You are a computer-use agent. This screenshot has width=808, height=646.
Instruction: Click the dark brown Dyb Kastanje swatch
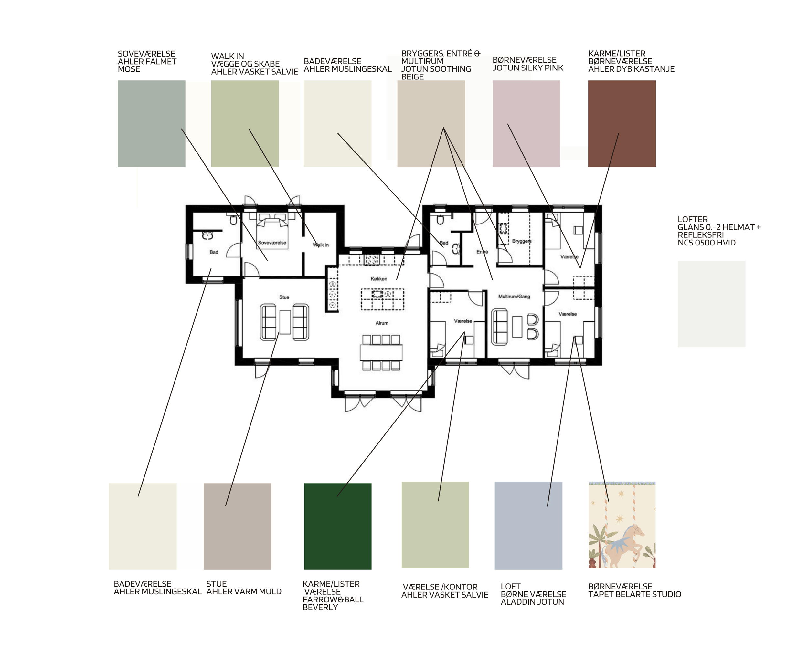click(x=622, y=124)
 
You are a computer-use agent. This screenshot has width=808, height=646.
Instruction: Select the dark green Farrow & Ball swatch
click(x=338, y=526)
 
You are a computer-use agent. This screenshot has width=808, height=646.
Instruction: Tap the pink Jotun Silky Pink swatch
click(x=526, y=124)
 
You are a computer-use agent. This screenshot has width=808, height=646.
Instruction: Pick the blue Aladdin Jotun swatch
click(x=528, y=526)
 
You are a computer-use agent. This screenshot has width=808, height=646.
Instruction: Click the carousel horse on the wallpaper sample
click(x=622, y=545)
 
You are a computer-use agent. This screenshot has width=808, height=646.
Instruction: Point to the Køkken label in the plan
click(x=379, y=279)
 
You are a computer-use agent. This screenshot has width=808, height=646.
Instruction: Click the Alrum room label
click(x=382, y=323)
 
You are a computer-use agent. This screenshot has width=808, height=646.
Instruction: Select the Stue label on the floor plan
click(x=284, y=297)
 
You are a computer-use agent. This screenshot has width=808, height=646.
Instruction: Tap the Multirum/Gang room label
click(x=514, y=296)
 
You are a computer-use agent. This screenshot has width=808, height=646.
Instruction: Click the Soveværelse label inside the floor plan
click(x=272, y=243)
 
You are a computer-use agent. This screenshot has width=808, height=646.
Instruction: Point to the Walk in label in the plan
click(x=321, y=245)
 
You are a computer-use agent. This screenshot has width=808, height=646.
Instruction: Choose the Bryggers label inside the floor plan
click(x=522, y=241)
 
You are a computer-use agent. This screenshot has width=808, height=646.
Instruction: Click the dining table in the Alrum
click(x=381, y=352)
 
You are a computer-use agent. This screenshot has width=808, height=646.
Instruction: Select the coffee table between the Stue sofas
click(x=285, y=322)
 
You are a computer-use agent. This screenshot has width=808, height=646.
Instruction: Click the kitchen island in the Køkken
click(x=383, y=299)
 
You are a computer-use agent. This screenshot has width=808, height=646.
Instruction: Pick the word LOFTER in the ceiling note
click(x=693, y=219)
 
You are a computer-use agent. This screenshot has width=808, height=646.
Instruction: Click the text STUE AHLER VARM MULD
click(x=244, y=588)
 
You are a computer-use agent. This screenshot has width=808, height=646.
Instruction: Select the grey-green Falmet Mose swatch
click(x=151, y=124)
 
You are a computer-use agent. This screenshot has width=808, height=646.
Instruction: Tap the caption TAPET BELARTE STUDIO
click(x=634, y=594)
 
